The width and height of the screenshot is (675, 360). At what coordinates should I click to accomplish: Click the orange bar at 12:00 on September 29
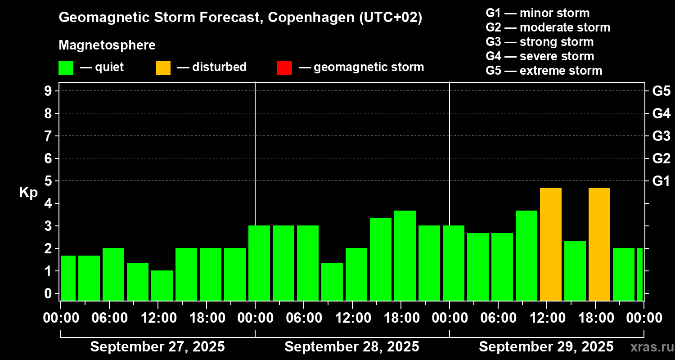551,244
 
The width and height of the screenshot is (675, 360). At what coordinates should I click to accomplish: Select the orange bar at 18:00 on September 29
599,244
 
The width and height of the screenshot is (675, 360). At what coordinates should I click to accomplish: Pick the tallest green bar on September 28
405,255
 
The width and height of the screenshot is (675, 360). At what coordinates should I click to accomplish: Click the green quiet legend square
66,67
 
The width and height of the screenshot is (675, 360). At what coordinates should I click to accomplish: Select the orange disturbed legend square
163,67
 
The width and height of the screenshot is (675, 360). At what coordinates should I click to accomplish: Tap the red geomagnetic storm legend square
284,67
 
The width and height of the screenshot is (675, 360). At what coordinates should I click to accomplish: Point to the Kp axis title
28,193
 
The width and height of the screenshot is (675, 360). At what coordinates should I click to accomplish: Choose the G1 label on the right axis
661,181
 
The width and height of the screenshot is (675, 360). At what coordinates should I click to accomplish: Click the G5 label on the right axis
661,91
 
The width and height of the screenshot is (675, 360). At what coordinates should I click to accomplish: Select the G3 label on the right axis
661,136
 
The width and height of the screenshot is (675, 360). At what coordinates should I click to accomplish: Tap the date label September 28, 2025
352,346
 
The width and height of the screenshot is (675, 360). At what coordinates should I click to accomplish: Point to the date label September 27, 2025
157,346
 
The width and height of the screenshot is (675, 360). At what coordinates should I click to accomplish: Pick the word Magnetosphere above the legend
107,45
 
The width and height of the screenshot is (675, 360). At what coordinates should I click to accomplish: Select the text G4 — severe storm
540,56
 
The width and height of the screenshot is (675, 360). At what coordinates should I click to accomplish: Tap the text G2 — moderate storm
548,27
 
